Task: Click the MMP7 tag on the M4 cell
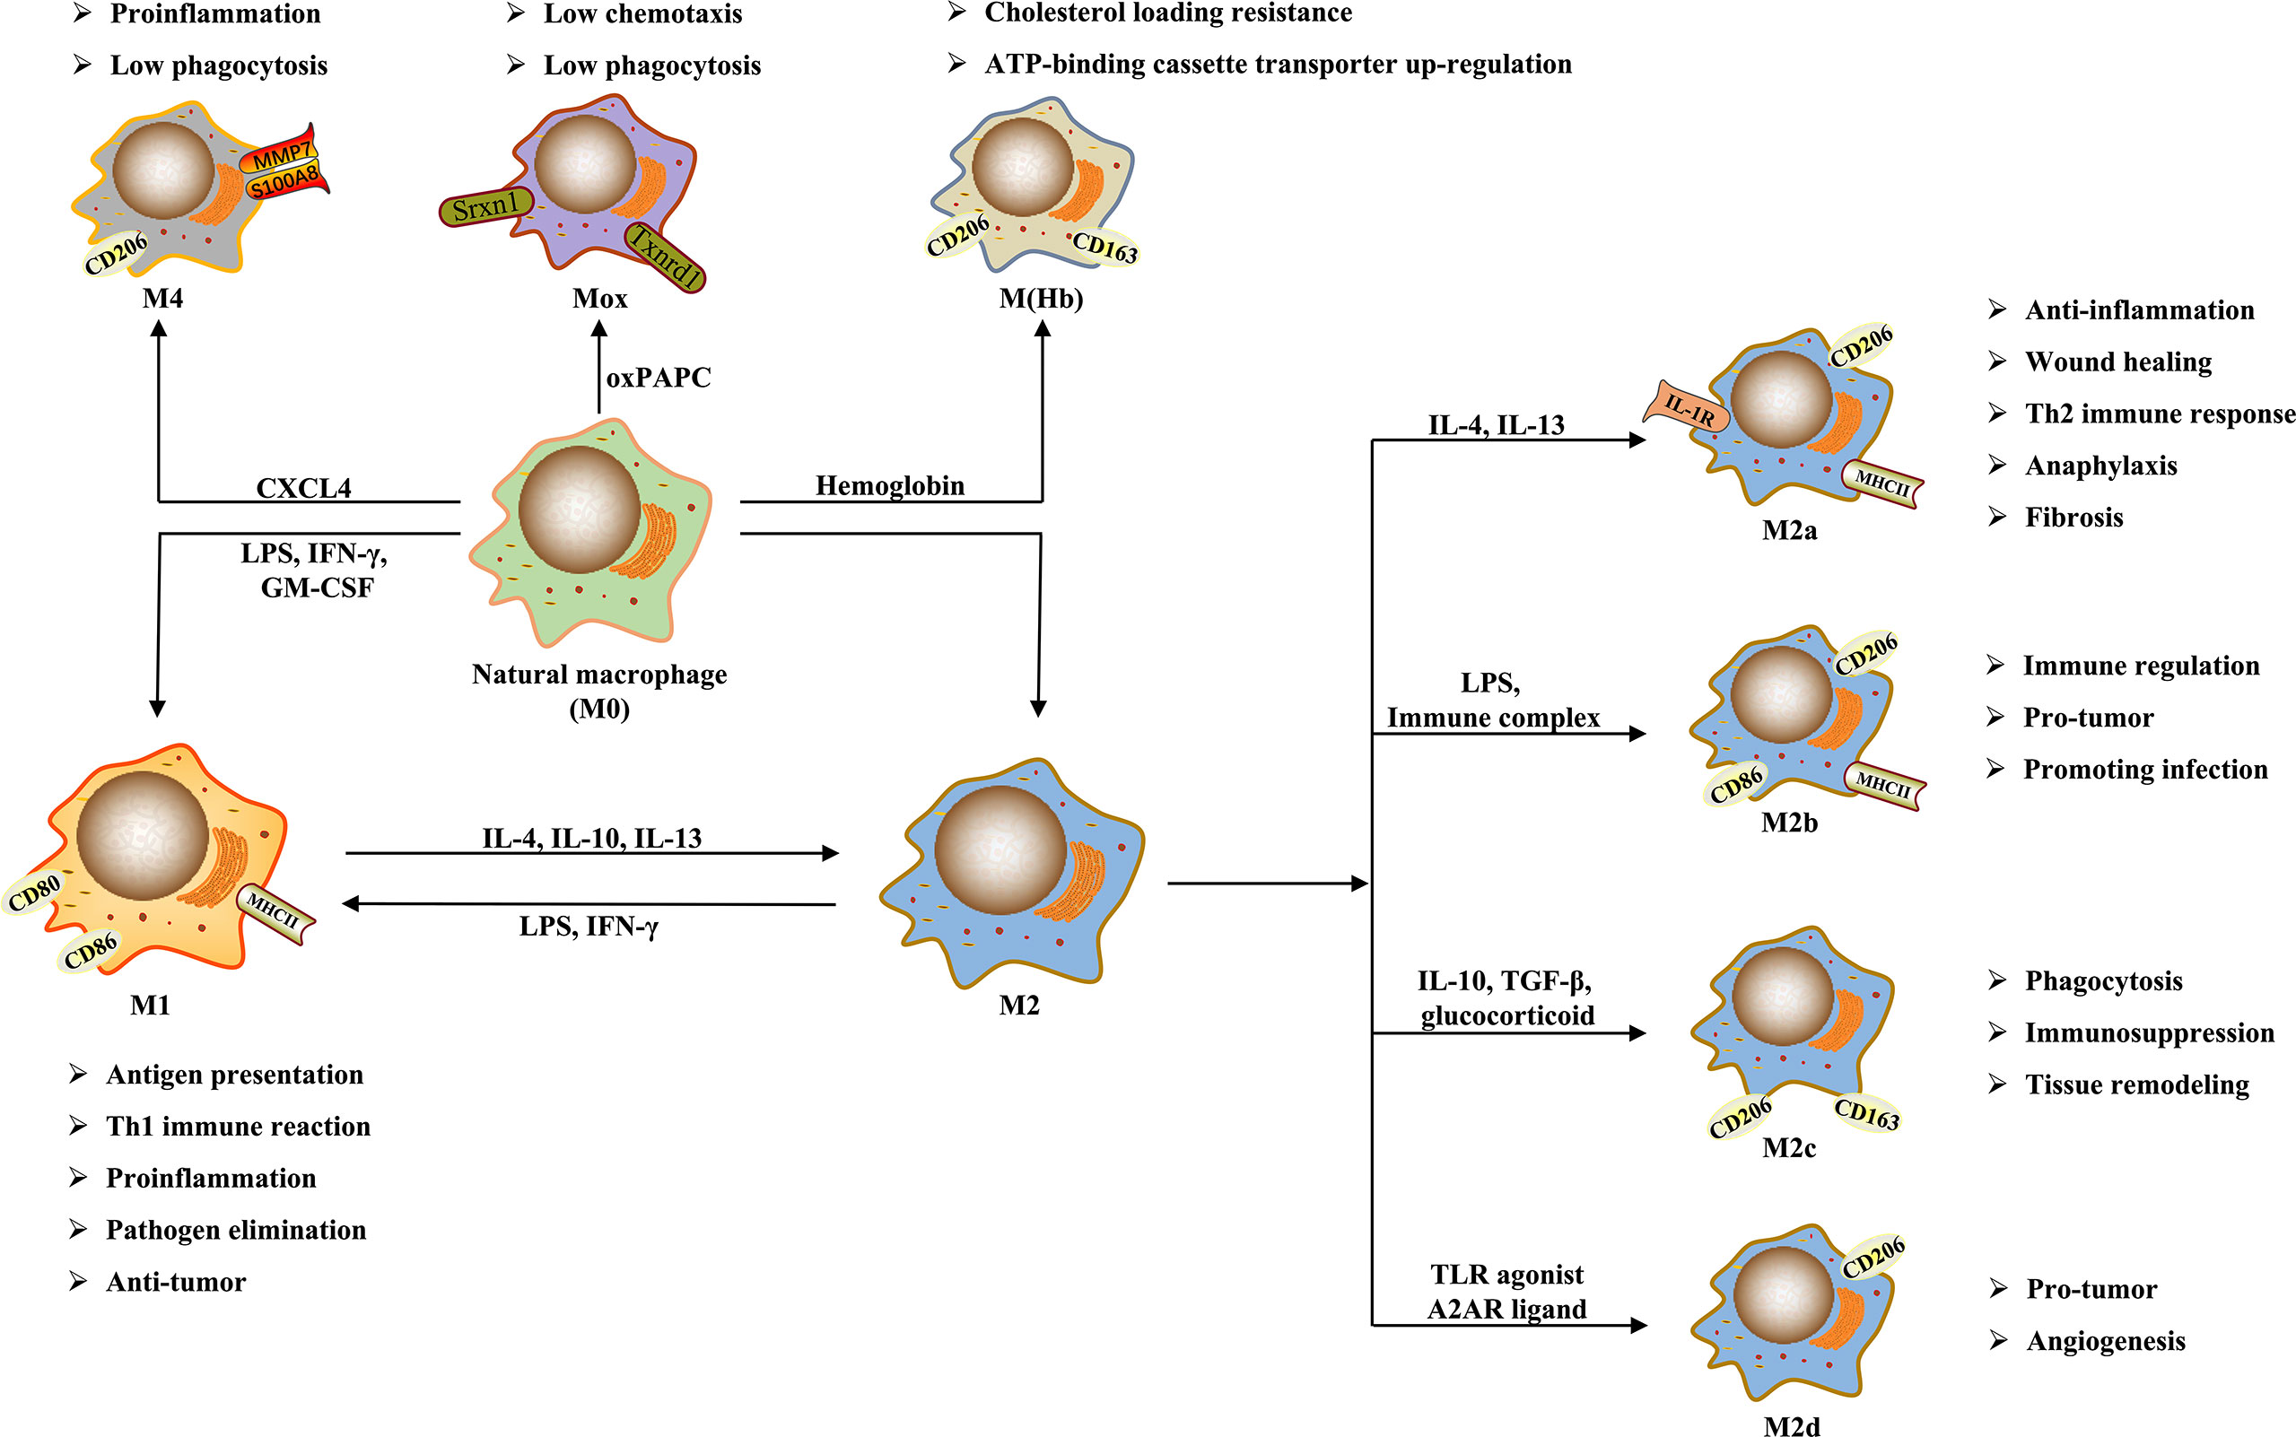click(283, 155)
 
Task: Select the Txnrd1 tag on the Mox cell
click(666, 257)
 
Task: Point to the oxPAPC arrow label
click(658, 379)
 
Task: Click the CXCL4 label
click(304, 488)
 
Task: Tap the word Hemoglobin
click(889, 485)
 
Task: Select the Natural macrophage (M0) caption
click(598, 691)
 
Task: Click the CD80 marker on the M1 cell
click(34, 893)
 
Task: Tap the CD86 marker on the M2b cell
click(1736, 785)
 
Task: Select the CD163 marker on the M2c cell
click(1866, 1114)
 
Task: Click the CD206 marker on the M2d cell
click(1873, 1258)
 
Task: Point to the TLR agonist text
click(1506, 1275)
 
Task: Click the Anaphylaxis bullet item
click(2100, 466)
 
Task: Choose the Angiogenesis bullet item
click(2105, 1341)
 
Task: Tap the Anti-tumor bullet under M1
click(176, 1282)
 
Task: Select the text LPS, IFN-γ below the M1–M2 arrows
click(589, 927)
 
